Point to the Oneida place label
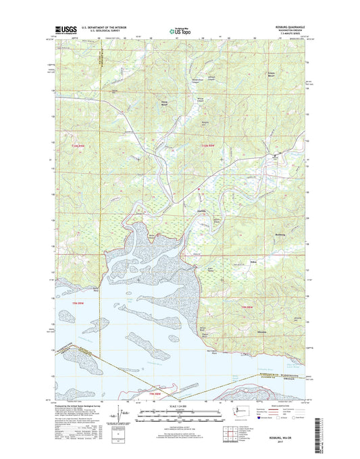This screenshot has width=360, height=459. click(200, 210)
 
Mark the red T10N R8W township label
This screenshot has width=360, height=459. click(211, 146)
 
